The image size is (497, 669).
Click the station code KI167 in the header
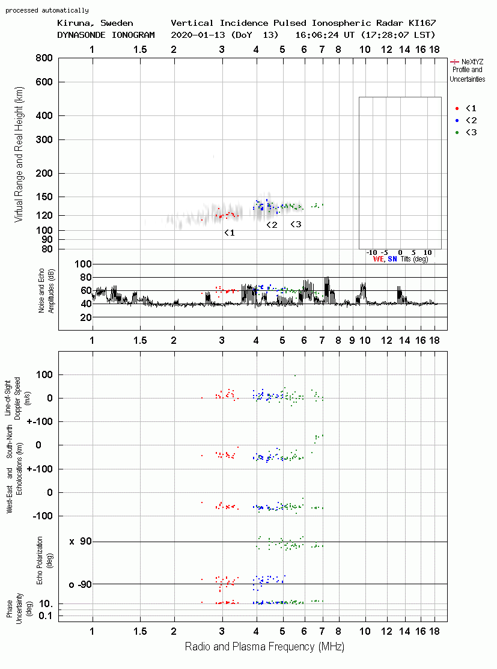(422, 23)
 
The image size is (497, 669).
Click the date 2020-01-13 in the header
(198, 35)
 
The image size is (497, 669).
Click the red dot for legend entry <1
(457, 108)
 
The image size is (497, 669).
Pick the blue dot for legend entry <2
(457, 120)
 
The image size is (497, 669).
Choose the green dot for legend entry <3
(457, 132)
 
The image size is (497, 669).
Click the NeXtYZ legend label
(472, 62)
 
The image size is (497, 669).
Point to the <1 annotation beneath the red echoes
(230, 233)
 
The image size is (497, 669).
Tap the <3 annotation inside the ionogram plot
(296, 224)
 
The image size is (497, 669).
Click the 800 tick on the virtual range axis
(44, 58)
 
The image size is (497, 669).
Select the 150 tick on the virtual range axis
(44, 197)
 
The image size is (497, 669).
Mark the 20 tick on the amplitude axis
(86, 317)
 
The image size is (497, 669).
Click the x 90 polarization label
(81, 542)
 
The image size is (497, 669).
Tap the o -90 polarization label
(81, 584)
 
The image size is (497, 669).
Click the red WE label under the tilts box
(379, 259)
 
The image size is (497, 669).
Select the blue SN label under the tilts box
(392, 259)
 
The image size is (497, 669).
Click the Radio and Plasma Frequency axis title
(264, 647)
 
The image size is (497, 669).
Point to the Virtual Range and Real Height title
(19, 154)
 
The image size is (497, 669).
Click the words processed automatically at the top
(47, 10)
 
